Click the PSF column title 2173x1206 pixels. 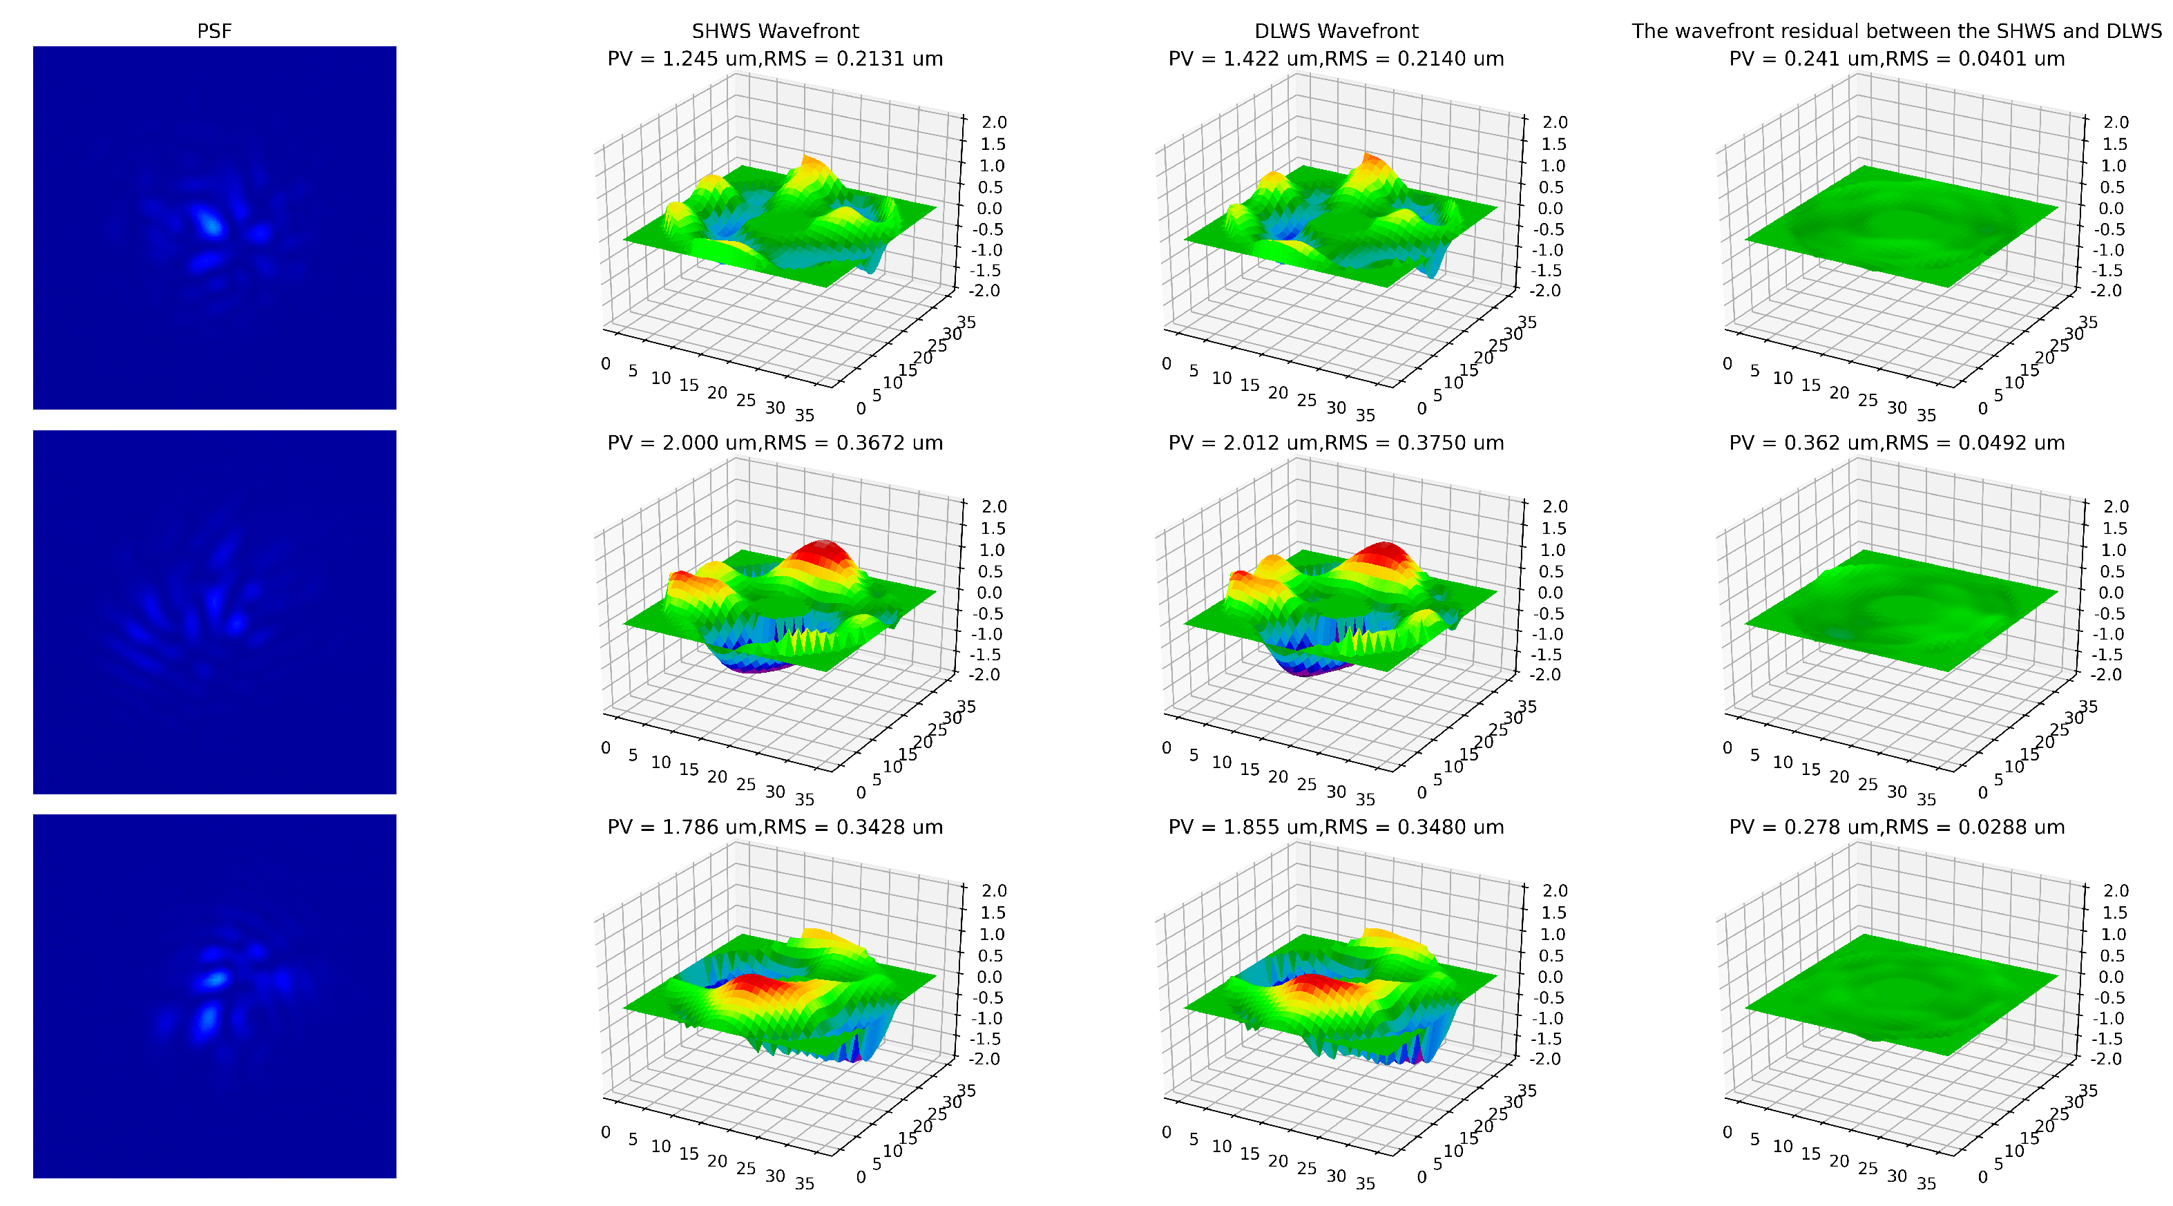click(x=213, y=31)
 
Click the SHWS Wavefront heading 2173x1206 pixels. click(x=774, y=31)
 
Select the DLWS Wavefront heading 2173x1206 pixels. click(x=1335, y=31)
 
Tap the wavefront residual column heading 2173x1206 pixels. click(x=1896, y=31)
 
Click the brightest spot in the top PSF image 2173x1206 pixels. click(x=209, y=224)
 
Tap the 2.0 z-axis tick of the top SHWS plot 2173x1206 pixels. click(x=994, y=122)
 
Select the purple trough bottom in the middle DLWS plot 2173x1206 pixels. click(x=1312, y=671)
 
